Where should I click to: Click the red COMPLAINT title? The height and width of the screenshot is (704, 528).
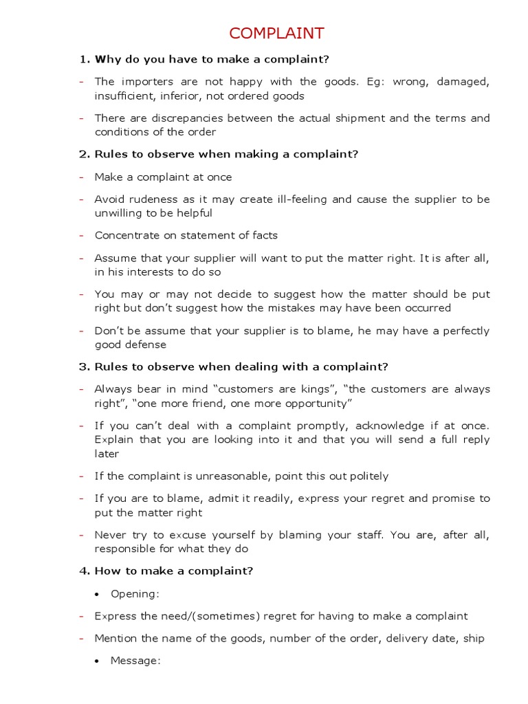(x=276, y=34)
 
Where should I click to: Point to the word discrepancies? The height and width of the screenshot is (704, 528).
(x=182, y=118)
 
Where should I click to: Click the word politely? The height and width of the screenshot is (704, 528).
(x=365, y=476)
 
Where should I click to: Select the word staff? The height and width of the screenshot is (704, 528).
(x=367, y=535)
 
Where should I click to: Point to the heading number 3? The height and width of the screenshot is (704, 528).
(x=83, y=366)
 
